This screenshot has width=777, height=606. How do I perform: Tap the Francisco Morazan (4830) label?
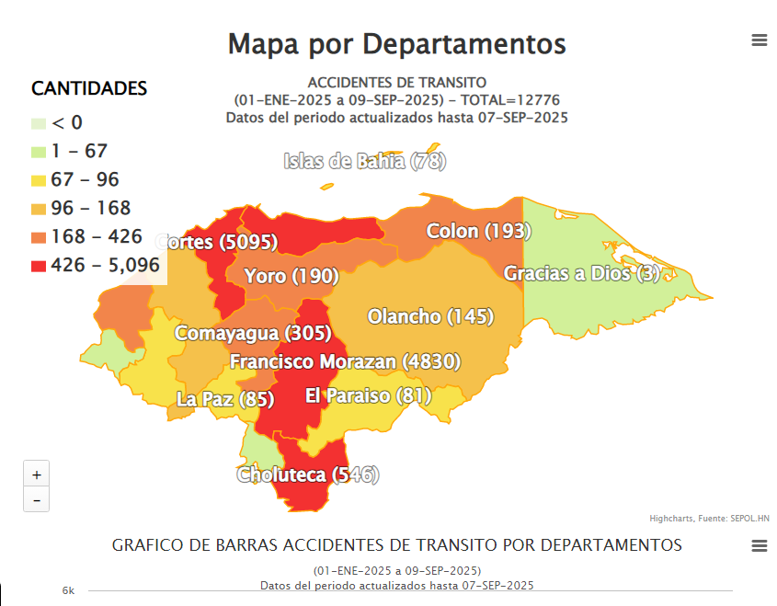click(x=345, y=362)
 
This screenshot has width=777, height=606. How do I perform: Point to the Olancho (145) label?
click(x=430, y=317)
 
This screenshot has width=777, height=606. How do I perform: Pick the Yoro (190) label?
click(x=291, y=277)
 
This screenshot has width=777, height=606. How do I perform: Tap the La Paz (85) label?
click(x=225, y=400)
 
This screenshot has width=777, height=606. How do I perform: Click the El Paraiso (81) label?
click(x=368, y=396)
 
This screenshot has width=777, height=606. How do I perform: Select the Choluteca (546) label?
click(x=308, y=475)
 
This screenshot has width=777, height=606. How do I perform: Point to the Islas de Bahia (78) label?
click(x=365, y=162)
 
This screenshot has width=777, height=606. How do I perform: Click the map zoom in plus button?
click(x=37, y=475)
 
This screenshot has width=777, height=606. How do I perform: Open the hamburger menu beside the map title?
click(x=759, y=40)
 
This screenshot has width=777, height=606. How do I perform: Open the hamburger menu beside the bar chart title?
click(x=759, y=546)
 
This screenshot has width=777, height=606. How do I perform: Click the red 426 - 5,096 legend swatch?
click(x=38, y=266)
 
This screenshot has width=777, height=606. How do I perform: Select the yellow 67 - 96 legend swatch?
click(x=38, y=180)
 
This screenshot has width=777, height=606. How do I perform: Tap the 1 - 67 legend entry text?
click(x=80, y=152)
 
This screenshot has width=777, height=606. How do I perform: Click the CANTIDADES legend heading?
click(x=89, y=89)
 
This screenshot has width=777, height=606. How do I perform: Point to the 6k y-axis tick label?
click(x=68, y=590)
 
